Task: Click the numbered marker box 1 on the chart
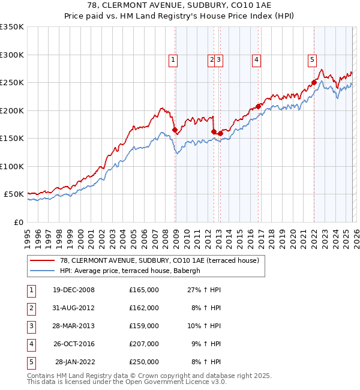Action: [x=173, y=59]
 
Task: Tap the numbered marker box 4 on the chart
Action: [x=256, y=59]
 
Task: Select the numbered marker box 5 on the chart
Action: [x=313, y=59]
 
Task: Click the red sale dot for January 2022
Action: [x=314, y=83]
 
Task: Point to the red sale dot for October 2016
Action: [x=259, y=107]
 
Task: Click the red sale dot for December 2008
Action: [x=175, y=130]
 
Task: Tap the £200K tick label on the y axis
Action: [x=11, y=110]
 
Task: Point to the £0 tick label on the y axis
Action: [x=17, y=222]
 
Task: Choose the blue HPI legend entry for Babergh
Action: [x=133, y=271]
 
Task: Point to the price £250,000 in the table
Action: [x=143, y=362]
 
